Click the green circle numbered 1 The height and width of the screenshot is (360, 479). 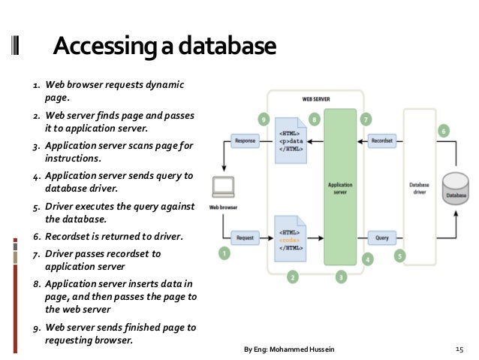click(x=224, y=254)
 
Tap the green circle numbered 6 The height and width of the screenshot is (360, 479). click(x=444, y=131)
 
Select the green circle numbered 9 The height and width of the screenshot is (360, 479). click(x=263, y=119)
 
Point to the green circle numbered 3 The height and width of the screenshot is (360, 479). click(x=341, y=277)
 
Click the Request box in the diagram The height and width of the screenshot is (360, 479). click(x=245, y=237)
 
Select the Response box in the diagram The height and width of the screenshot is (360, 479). click(x=246, y=140)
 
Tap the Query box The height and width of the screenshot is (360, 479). click(x=381, y=237)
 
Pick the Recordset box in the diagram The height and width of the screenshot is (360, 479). click(x=381, y=140)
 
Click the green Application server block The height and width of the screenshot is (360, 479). click(x=340, y=187)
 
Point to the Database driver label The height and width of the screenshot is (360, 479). click(x=419, y=187)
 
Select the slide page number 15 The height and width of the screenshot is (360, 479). click(x=460, y=349)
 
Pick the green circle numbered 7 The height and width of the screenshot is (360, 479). click(x=366, y=119)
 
